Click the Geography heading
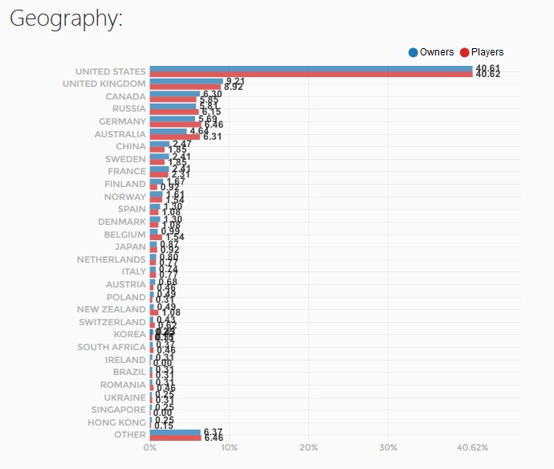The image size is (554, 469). (66, 20)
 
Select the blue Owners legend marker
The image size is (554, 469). (413, 52)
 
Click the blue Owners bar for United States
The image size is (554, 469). (311, 68)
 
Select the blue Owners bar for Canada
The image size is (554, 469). (174, 93)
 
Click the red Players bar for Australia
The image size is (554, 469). (174, 137)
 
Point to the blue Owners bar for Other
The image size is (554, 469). (175, 432)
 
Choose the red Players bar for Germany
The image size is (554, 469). (175, 124)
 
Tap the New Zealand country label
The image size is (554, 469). (112, 309)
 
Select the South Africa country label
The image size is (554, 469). (112, 347)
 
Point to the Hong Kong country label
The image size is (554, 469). (117, 422)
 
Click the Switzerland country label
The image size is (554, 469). (113, 322)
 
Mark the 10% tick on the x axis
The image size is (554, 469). (229, 447)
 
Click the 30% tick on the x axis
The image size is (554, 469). (389, 447)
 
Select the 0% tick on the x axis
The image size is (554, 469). (150, 447)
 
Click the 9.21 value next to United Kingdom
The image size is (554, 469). (234, 81)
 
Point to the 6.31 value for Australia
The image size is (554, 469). (212, 137)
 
